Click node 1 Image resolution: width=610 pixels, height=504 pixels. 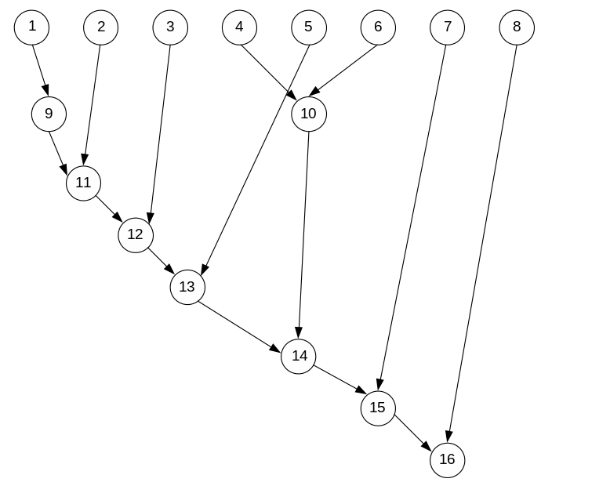pyautogui.click(x=31, y=27)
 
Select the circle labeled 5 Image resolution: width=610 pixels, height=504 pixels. pyautogui.click(x=308, y=27)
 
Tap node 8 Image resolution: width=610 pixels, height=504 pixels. pyautogui.click(x=516, y=27)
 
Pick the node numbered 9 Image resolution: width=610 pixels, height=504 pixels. pyautogui.click(x=49, y=114)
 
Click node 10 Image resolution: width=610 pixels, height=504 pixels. pyautogui.click(x=308, y=114)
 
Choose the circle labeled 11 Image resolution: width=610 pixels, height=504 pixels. pyautogui.click(x=84, y=183)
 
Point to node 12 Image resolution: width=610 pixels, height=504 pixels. pyautogui.click(x=136, y=234)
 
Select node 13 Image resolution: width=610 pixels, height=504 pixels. pyautogui.click(x=187, y=287)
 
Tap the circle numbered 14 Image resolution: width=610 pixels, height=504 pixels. pyautogui.click(x=299, y=356)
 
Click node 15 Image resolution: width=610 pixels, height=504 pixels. pyautogui.click(x=378, y=408)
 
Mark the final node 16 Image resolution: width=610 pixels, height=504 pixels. pyautogui.click(x=447, y=460)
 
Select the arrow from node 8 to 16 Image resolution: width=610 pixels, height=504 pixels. pyautogui.click(x=482, y=243)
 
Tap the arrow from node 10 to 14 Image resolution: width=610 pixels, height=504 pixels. pyautogui.click(x=304, y=235)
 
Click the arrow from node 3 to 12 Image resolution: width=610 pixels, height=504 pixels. pyautogui.click(x=160, y=131)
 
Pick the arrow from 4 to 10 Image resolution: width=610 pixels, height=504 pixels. pyautogui.click(x=269, y=71)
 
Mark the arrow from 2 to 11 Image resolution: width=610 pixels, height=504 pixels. pyautogui.click(x=93, y=105)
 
